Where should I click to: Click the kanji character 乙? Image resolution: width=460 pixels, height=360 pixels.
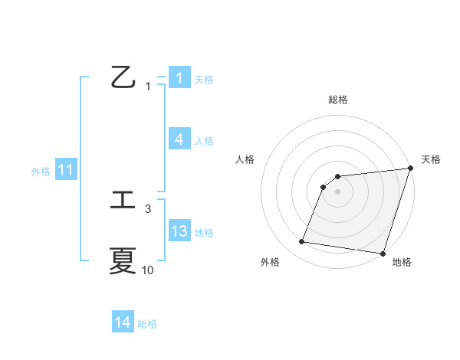tap(123, 77)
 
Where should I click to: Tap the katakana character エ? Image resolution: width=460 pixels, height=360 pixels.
tap(123, 201)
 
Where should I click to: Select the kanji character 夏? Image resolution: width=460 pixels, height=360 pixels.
tap(123, 261)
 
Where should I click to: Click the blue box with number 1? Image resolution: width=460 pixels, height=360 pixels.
tap(179, 78)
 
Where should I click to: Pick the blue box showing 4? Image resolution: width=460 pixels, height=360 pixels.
tap(179, 139)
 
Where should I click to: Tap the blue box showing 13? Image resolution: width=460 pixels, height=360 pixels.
tap(179, 231)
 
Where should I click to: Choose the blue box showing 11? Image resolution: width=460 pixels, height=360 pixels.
tap(65, 170)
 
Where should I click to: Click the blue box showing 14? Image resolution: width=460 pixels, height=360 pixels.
tap(123, 322)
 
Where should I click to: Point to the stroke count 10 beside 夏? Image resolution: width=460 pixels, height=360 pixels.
tap(148, 270)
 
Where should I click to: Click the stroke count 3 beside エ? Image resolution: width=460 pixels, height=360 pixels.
tap(148, 208)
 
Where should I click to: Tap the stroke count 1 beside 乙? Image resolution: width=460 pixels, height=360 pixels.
tap(148, 87)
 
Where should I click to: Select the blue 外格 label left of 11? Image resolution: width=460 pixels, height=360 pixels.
tap(41, 171)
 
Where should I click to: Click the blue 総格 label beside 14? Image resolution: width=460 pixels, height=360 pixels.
tap(147, 323)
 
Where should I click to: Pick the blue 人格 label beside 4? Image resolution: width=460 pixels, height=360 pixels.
tap(204, 140)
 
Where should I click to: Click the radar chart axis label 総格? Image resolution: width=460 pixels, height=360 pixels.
tap(338, 100)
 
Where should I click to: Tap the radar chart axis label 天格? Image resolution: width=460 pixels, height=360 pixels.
tap(431, 159)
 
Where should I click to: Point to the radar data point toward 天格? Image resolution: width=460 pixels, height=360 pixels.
tap(410, 169)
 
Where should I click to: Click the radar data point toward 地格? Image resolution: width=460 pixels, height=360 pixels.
tap(383, 253)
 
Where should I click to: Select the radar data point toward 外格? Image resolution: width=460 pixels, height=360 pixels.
tap(302, 242)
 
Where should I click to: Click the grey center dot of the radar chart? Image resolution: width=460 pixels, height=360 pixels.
tap(338, 191)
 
